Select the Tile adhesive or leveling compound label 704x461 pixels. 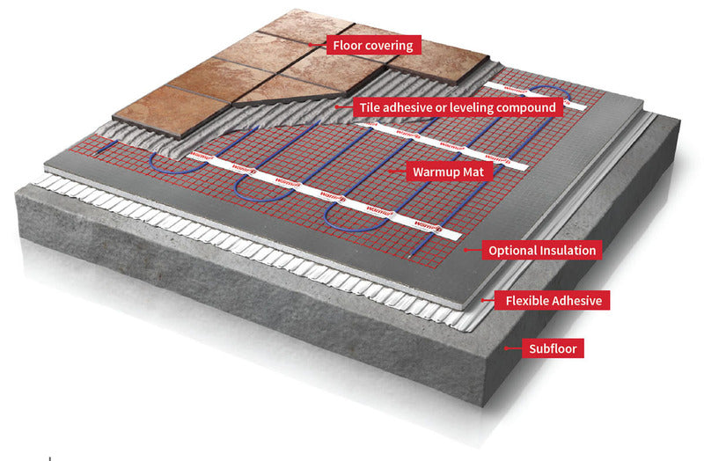pos(457,107)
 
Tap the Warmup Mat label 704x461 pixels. pos(445,172)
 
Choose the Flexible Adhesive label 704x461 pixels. pos(554,301)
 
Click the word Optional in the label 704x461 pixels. pos(513,251)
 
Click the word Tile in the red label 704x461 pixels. pos(369,107)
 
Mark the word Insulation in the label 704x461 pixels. pos(568,251)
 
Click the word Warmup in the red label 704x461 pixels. pos(434,172)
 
